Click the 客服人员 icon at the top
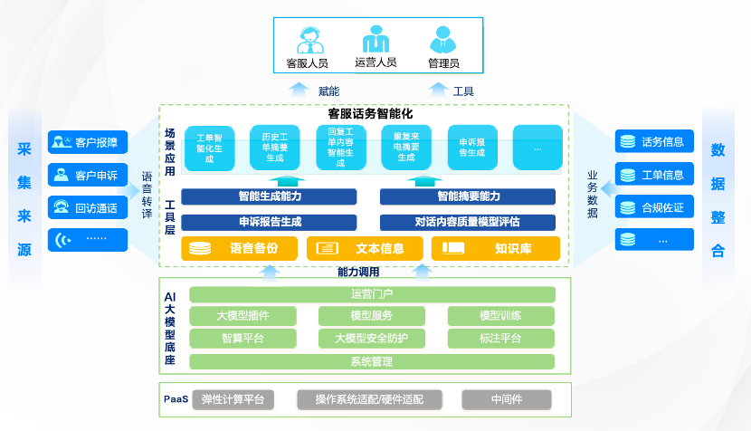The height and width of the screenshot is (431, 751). [x=306, y=40]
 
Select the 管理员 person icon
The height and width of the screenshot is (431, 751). [x=442, y=40]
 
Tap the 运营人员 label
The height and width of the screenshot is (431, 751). [x=375, y=63]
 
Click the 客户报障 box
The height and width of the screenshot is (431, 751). [x=88, y=142]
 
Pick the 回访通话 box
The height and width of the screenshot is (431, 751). [x=88, y=207]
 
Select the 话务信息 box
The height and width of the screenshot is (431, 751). [x=654, y=141]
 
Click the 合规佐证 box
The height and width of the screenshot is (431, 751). [x=654, y=207]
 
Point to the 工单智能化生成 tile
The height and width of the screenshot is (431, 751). [x=209, y=148]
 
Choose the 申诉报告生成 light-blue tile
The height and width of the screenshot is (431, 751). [x=472, y=148]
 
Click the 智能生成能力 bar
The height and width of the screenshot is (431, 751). [x=270, y=196]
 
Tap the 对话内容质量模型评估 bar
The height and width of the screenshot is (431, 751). [x=467, y=222]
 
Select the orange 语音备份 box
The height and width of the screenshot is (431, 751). [x=241, y=248]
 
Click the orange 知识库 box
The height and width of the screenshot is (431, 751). [x=496, y=248]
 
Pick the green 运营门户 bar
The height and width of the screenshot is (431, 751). [x=372, y=294]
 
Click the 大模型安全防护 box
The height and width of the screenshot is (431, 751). [x=372, y=339]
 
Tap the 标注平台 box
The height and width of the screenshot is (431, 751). [x=500, y=339]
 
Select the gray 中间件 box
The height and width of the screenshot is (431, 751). [x=507, y=399]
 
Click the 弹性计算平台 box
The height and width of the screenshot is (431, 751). [x=233, y=399]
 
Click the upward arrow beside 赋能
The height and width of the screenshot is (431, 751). [x=298, y=89]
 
